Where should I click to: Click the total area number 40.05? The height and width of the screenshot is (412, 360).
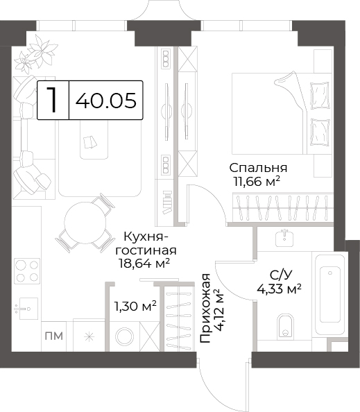click(106, 101)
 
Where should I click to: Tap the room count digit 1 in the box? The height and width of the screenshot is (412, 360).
click(53, 100)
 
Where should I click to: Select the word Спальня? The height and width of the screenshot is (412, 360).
click(258, 168)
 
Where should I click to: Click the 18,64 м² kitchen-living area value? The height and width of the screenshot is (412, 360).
click(144, 263)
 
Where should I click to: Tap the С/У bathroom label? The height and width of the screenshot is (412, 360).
click(280, 275)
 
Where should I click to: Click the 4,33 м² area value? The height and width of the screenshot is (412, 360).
click(279, 289)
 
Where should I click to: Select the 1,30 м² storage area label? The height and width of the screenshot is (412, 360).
click(135, 306)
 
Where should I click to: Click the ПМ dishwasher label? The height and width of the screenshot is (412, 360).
click(54, 336)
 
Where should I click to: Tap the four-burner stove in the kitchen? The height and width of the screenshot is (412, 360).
click(27, 271)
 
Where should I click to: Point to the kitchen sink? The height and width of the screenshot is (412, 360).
click(26, 308)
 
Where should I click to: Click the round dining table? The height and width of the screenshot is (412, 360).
click(85, 222)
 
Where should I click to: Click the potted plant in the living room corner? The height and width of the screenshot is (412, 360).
click(36, 55)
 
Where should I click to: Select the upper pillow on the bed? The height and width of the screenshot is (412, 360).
click(320, 96)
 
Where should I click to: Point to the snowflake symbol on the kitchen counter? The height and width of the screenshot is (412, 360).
click(89, 336)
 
